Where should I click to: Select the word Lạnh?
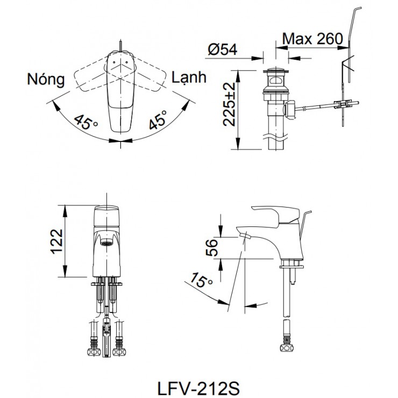189,77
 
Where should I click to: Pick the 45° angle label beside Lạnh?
157,121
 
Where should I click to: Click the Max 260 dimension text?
312,39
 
